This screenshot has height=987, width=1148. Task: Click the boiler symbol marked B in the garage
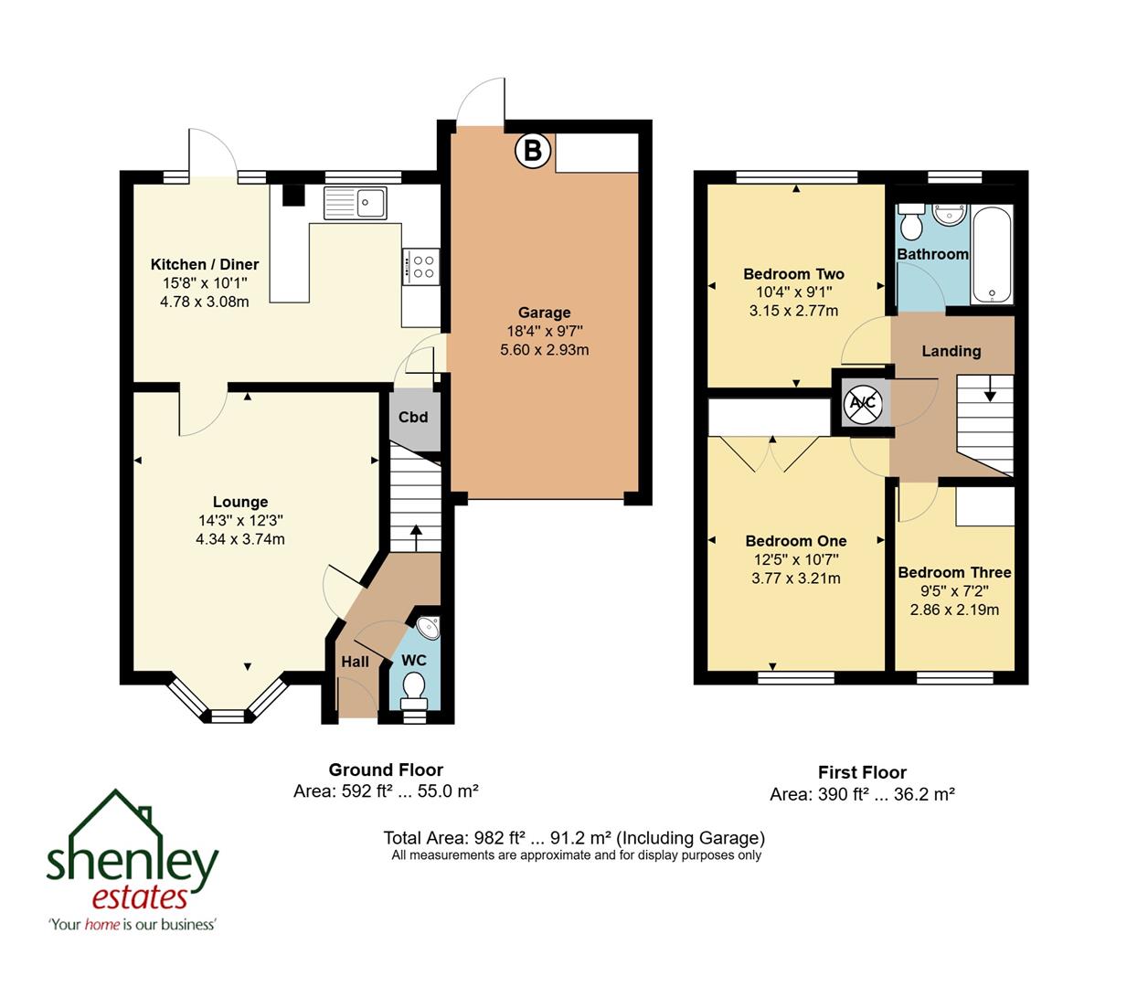point(532,151)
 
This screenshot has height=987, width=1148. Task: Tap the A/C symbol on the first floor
point(862,402)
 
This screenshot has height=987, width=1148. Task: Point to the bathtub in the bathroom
point(992,255)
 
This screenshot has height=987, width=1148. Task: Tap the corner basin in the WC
point(428,628)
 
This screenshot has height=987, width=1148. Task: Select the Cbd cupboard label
point(413,418)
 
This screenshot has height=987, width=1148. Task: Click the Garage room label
point(544,313)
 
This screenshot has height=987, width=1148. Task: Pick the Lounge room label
point(240,502)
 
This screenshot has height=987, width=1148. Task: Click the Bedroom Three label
point(954,573)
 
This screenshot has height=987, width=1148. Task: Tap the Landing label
point(951,351)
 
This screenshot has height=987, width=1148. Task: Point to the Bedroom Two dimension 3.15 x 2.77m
point(793,311)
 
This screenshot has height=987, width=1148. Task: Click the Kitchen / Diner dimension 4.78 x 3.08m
point(205,302)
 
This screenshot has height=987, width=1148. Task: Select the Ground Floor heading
point(386,769)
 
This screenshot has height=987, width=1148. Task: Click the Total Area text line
point(574,837)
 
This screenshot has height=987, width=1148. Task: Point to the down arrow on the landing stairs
point(990,393)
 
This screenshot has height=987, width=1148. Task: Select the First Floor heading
point(862,772)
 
